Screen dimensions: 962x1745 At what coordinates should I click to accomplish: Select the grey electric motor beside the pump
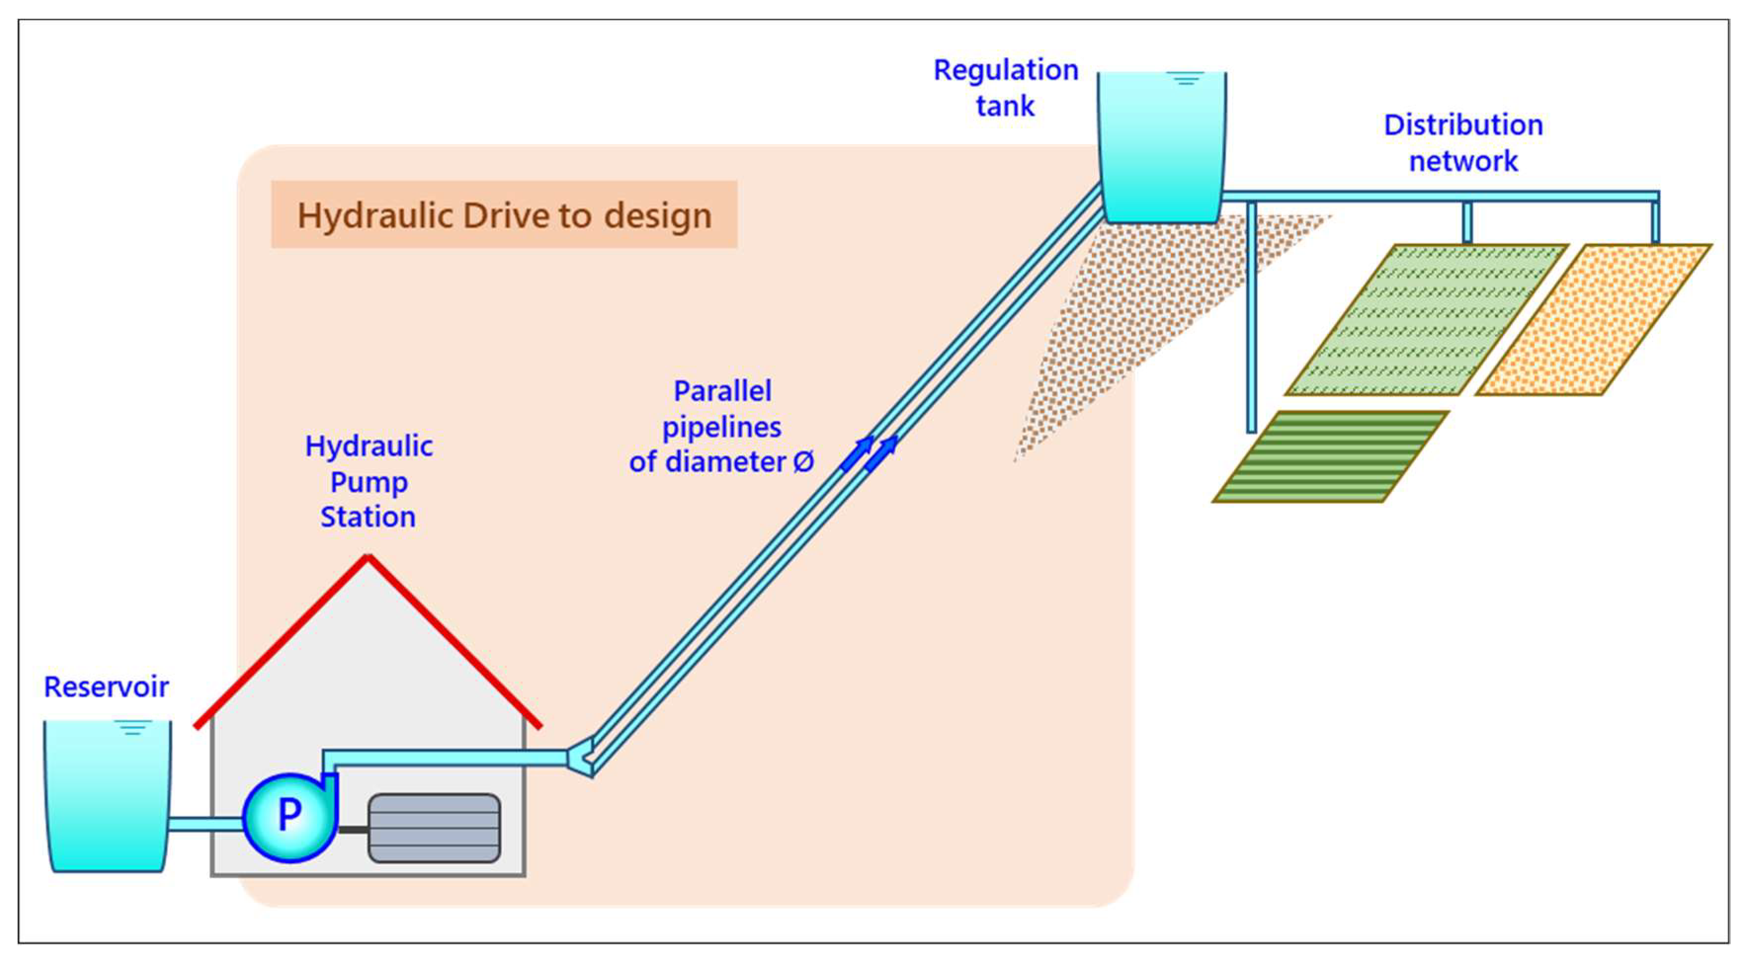click(x=434, y=828)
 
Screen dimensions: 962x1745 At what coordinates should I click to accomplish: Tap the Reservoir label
click(x=106, y=687)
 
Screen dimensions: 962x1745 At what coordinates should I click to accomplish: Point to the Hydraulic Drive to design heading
click(x=504, y=215)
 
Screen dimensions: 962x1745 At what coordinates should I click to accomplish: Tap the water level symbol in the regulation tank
click(x=1185, y=78)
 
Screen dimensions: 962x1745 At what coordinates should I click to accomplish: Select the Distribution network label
click(x=1463, y=143)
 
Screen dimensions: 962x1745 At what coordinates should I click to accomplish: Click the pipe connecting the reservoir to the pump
click(x=205, y=824)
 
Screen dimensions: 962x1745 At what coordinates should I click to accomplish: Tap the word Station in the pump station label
click(x=368, y=517)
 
